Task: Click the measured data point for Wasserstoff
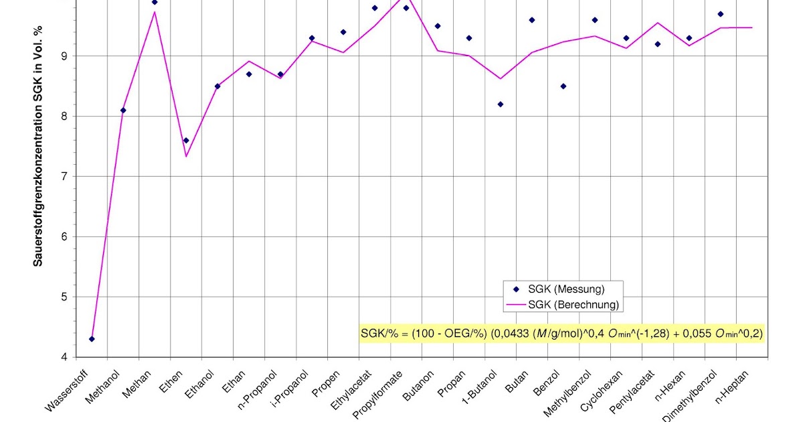(x=92, y=339)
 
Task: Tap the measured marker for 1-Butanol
(x=501, y=104)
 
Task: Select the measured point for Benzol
(x=563, y=86)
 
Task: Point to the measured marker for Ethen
(x=186, y=141)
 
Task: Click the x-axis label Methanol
(x=104, y=387)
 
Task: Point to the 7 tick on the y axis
(x=64, y=177)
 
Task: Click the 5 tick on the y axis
(x=64, y=297)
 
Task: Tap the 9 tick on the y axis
(x=64, y=56)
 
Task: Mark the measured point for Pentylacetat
(x=658, y=44)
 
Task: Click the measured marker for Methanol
(x=123, y=111)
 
